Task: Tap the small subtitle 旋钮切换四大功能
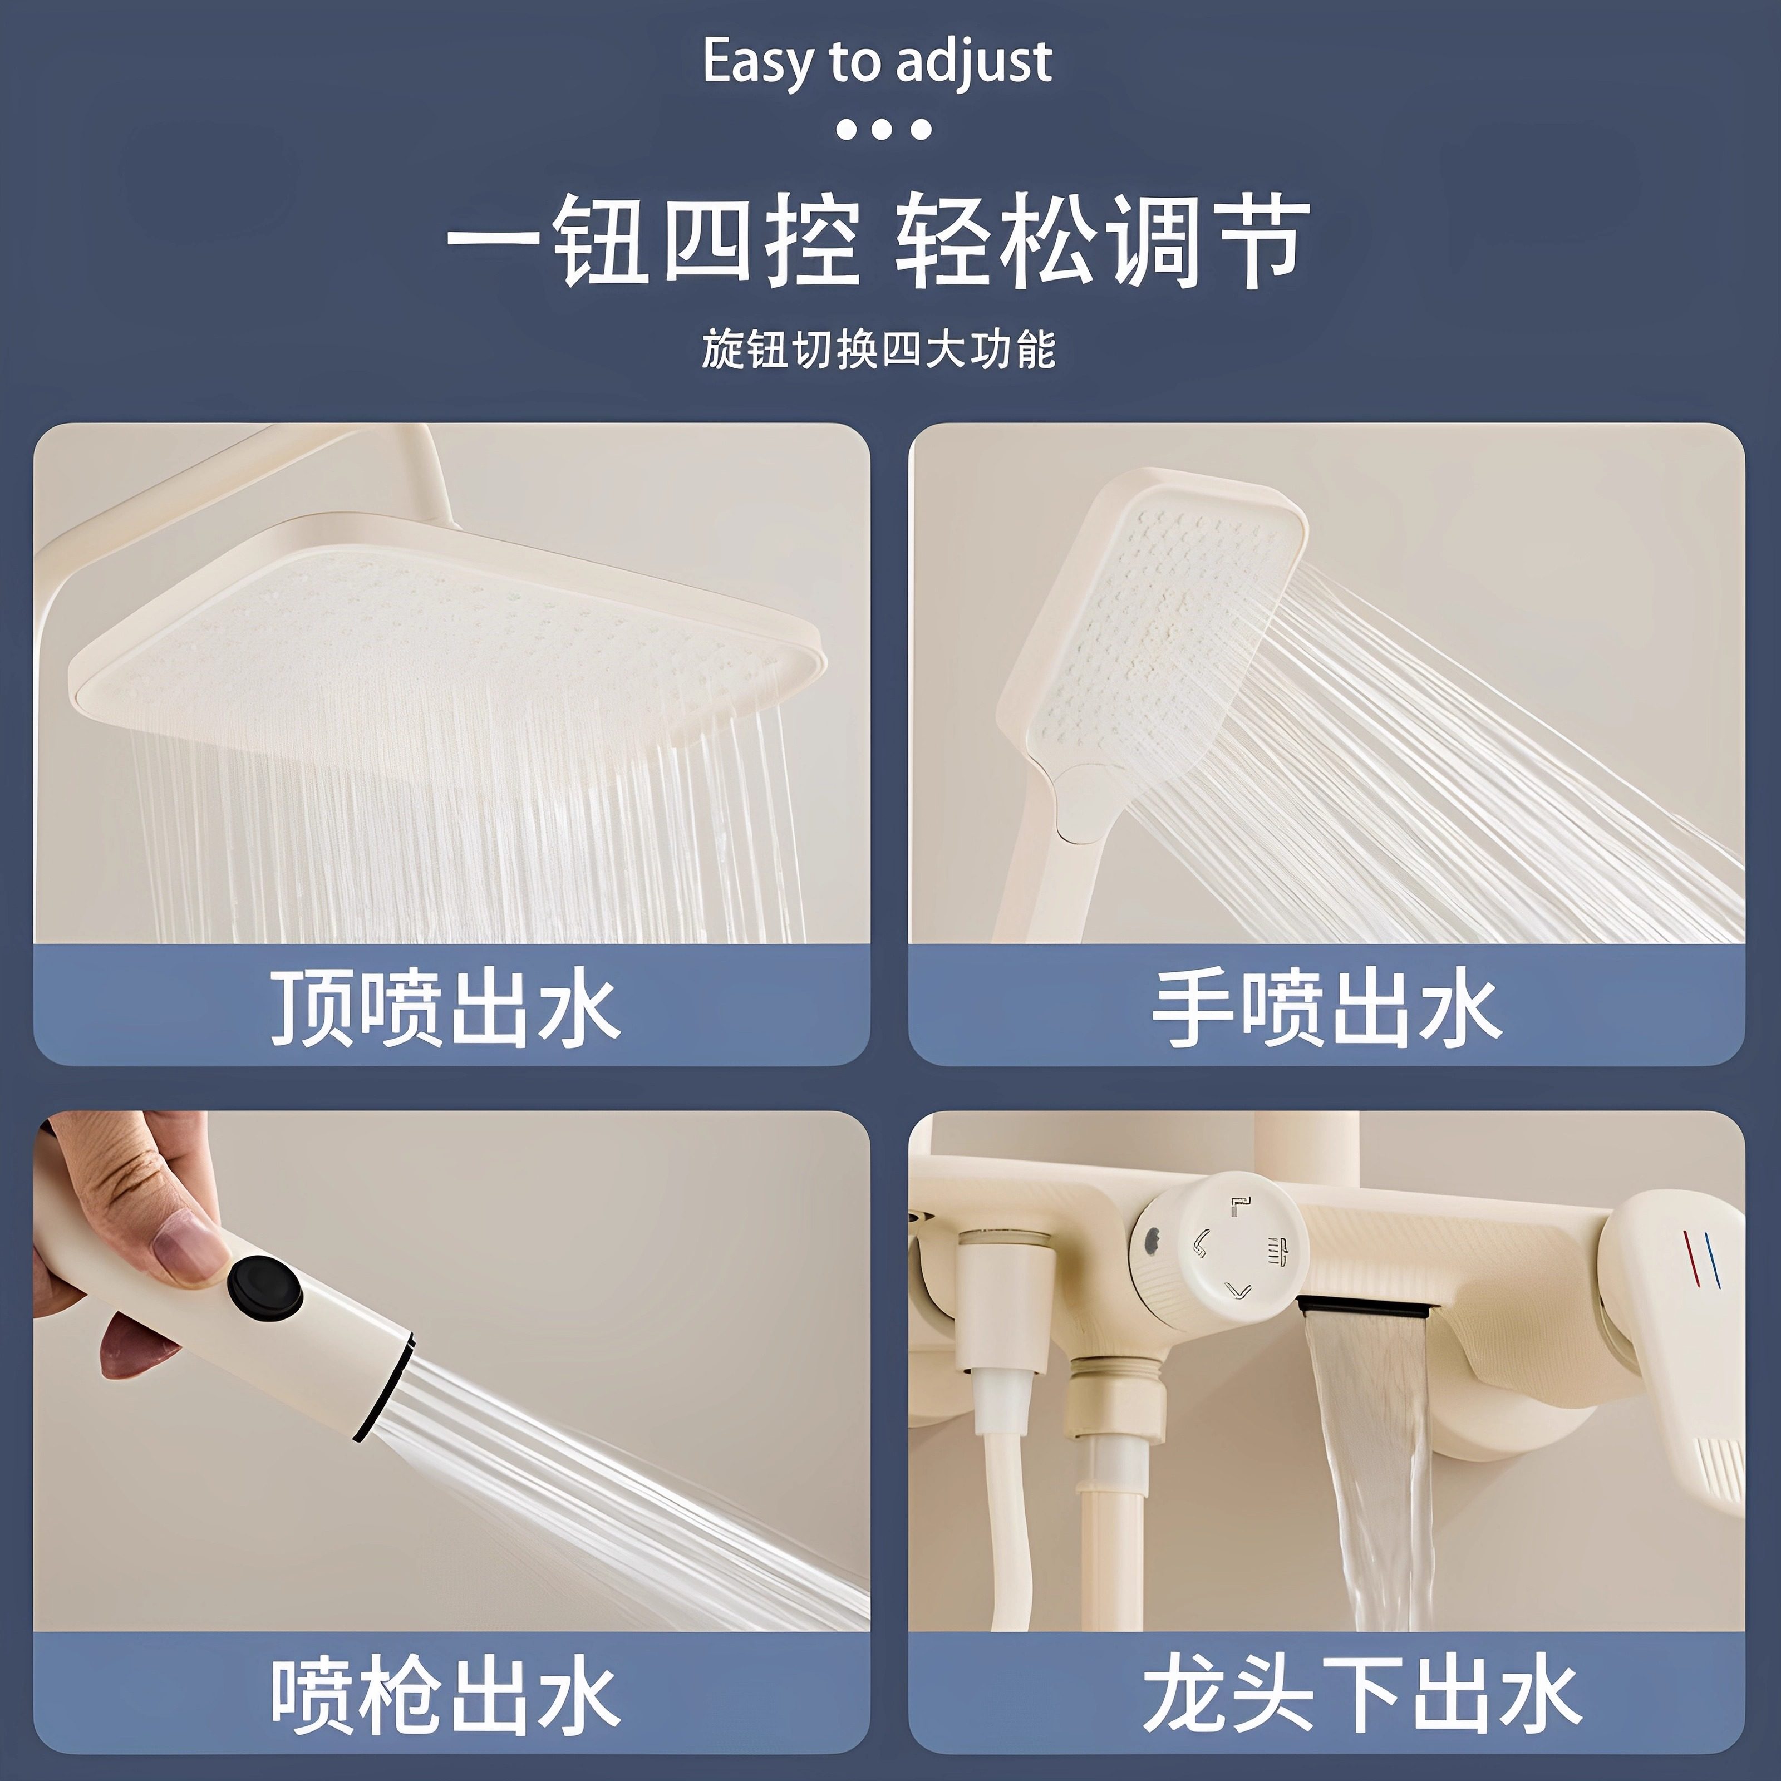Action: pos(878,350)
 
